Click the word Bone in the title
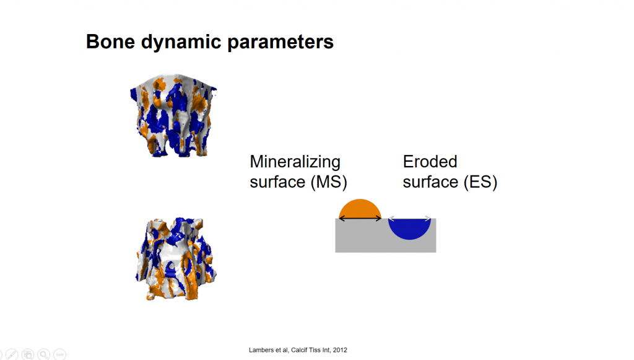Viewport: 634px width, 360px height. tap(110, 42)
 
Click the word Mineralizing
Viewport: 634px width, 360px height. tap(295, 162)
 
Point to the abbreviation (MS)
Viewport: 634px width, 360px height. tap(329, 182)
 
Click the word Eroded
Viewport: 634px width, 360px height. tap(430, 161)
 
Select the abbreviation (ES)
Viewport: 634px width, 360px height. tap(480, 182)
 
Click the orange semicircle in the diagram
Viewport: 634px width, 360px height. tap(360, 209)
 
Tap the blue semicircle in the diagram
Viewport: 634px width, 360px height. tap(409, 229)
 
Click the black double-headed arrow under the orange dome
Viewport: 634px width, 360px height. tap(360, 219)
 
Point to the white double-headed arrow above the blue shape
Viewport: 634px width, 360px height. tap(409, 219)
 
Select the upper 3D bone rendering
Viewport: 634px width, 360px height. tap(173, 115)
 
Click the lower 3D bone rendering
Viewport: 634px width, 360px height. tap(176, 259)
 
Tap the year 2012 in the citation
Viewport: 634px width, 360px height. tap(340, 350)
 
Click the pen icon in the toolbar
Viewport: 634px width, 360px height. tap(12, 354)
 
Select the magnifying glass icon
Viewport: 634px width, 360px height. tap(44, 354)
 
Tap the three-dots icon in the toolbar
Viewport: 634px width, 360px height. tap(60, 354)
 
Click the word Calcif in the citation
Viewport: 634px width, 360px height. tap(299, 350)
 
